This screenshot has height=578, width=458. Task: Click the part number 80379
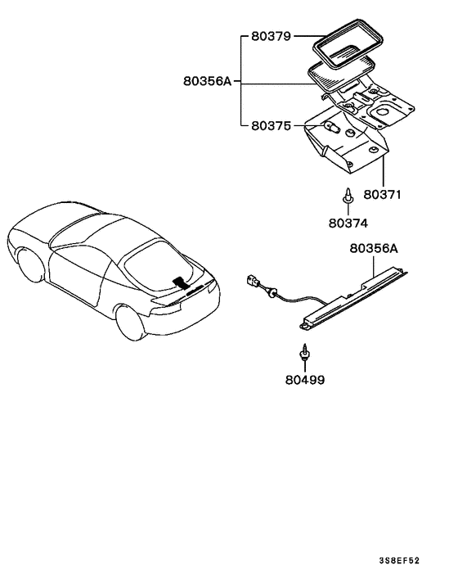click(270, 37)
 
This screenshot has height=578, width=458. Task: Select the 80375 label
click(270, 126)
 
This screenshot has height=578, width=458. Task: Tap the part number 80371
click(384, 196)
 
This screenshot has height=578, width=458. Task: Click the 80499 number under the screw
click(304, 380)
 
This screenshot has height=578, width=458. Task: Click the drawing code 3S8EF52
click(399, 560)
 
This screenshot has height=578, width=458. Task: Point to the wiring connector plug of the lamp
click(254, 284)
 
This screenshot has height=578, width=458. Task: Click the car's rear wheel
click(132, 321)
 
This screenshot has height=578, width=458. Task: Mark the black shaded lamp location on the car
click(180, 283)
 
